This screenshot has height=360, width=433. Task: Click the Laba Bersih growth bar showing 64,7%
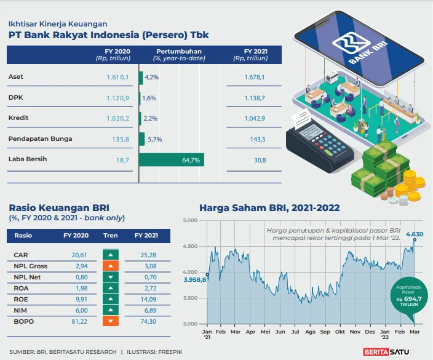(x=171, y=160)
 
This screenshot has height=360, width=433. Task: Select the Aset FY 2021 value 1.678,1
(x=254, y=77)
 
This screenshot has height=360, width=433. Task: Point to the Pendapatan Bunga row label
(x=40, y=139)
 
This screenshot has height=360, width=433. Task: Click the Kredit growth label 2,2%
(x=151, y=118)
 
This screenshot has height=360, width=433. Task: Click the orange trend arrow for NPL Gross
(x=110, y=266)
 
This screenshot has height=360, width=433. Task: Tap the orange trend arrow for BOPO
(x=110, y=322)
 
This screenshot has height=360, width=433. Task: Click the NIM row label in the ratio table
(x=20, y=311)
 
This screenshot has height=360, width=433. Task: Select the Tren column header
(x=110, y=236)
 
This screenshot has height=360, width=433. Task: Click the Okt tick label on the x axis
(x=340, y=331)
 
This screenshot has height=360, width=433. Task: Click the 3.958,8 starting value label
(x=194, y=281)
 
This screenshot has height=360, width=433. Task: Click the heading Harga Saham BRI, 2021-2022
(x=269, y=208)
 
